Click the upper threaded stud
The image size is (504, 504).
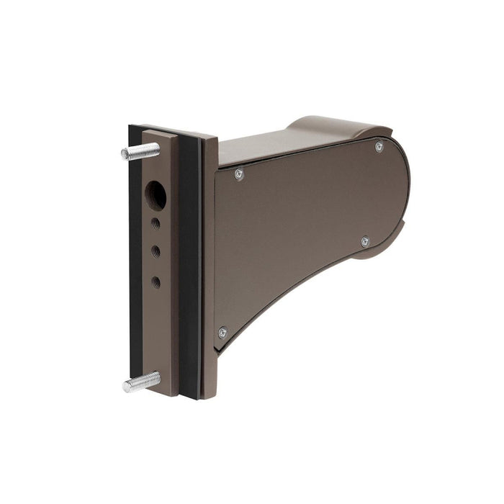(141, 151)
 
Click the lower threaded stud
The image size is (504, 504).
(141, 382)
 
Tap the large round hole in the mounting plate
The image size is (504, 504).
(156, 194)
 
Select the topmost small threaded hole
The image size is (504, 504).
(156, 224)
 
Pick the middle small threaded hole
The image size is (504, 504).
(156, 251)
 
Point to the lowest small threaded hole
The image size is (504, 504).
(156, 282)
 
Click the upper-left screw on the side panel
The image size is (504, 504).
(239, 174)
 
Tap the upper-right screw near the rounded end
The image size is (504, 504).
(379, 147)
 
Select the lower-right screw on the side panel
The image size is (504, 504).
(365, 241)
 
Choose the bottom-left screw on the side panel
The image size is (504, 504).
(222, 332)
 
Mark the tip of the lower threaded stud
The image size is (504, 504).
(126, 386)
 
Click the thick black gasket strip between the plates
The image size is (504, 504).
(190, 266)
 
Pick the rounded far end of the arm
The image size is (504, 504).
(403, 194)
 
